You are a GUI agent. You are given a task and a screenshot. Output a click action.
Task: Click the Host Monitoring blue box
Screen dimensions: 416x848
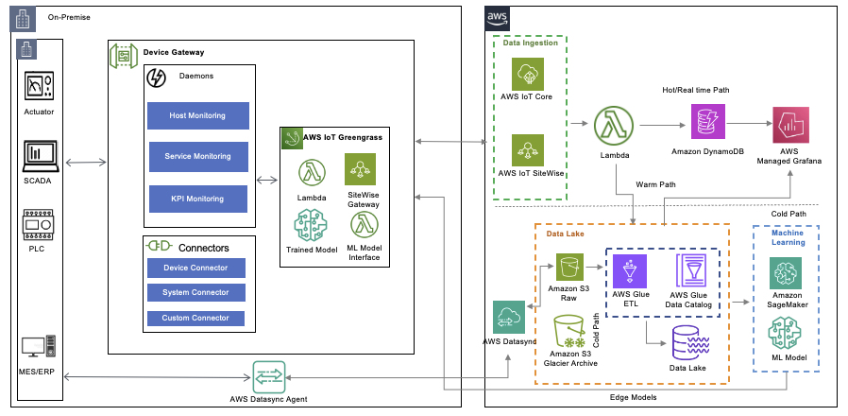point(197,115)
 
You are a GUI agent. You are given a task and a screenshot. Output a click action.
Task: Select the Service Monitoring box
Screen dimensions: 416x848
point(197,157)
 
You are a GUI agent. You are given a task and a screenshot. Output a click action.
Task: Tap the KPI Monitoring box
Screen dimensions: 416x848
point(197,199)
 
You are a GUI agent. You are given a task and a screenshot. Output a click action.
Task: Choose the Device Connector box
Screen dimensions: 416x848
point(196,268)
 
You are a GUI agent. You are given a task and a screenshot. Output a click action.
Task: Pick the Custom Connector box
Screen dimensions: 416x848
point(196,318)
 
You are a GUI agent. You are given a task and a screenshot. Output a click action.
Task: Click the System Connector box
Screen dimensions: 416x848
point(196,292)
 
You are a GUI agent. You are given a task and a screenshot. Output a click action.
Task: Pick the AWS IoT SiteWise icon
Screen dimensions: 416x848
point(527,150)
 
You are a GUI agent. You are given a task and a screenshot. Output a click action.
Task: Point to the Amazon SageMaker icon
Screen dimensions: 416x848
point(787,275)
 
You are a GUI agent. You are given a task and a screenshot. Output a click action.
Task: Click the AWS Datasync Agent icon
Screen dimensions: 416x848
point(267,376)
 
